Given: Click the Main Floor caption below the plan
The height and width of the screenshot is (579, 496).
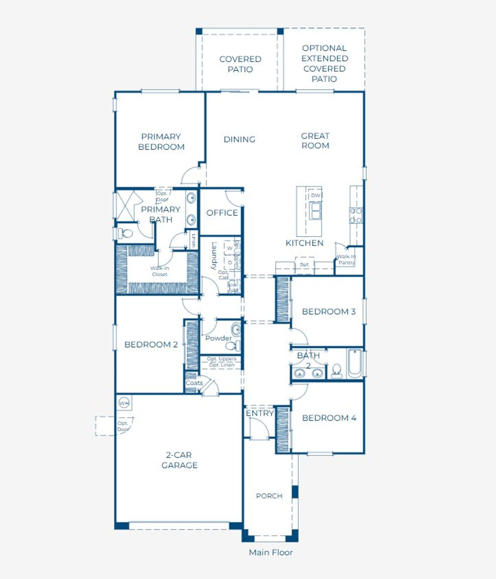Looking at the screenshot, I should pyautogui.click(x=270, y=552).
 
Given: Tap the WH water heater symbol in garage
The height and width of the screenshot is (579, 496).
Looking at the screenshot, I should pyautogui.click(x=124, y=403).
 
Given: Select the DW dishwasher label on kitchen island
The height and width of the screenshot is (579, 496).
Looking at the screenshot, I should pyautogui.click(x=315, y=195).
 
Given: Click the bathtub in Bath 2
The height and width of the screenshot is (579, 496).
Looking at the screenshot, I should pyautogui.click(x=355, y=364).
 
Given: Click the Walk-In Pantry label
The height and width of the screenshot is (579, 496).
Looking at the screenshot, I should pyautogui.click(x=346, y=260).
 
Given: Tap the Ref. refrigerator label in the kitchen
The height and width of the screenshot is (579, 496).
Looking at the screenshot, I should pyautogui.click(x=305, y=265).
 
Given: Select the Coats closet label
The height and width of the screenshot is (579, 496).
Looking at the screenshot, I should pyautogui.click(x=194, y=383).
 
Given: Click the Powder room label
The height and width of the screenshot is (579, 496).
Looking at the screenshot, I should pyautogui.click(x=218, y=338).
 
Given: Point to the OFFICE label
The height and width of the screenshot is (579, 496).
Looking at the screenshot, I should pyautogui.click(x=222, y=213).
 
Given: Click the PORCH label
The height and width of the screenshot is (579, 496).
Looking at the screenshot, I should pyautogui.click(x=269, y=496).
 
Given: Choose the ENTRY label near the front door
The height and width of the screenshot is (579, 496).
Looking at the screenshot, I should pyautogui.click(x=260, y=413).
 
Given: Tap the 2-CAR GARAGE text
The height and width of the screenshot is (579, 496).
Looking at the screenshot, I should pyautogui.click(x=179, y=460).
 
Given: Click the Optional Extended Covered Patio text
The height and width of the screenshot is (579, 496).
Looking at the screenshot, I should pyautogui.click(x=324, y=64).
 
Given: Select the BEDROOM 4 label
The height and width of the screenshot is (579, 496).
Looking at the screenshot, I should pyautogui.click(x=329, y=418).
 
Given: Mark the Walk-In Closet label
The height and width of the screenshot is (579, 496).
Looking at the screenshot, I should pyautogui.click(x=160, y=271).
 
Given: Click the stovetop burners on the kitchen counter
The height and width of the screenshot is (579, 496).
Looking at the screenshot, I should pyautogui.click(x=356, y=215).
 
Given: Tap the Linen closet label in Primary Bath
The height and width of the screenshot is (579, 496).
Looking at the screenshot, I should pyautogui.click(x=193, y=240).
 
